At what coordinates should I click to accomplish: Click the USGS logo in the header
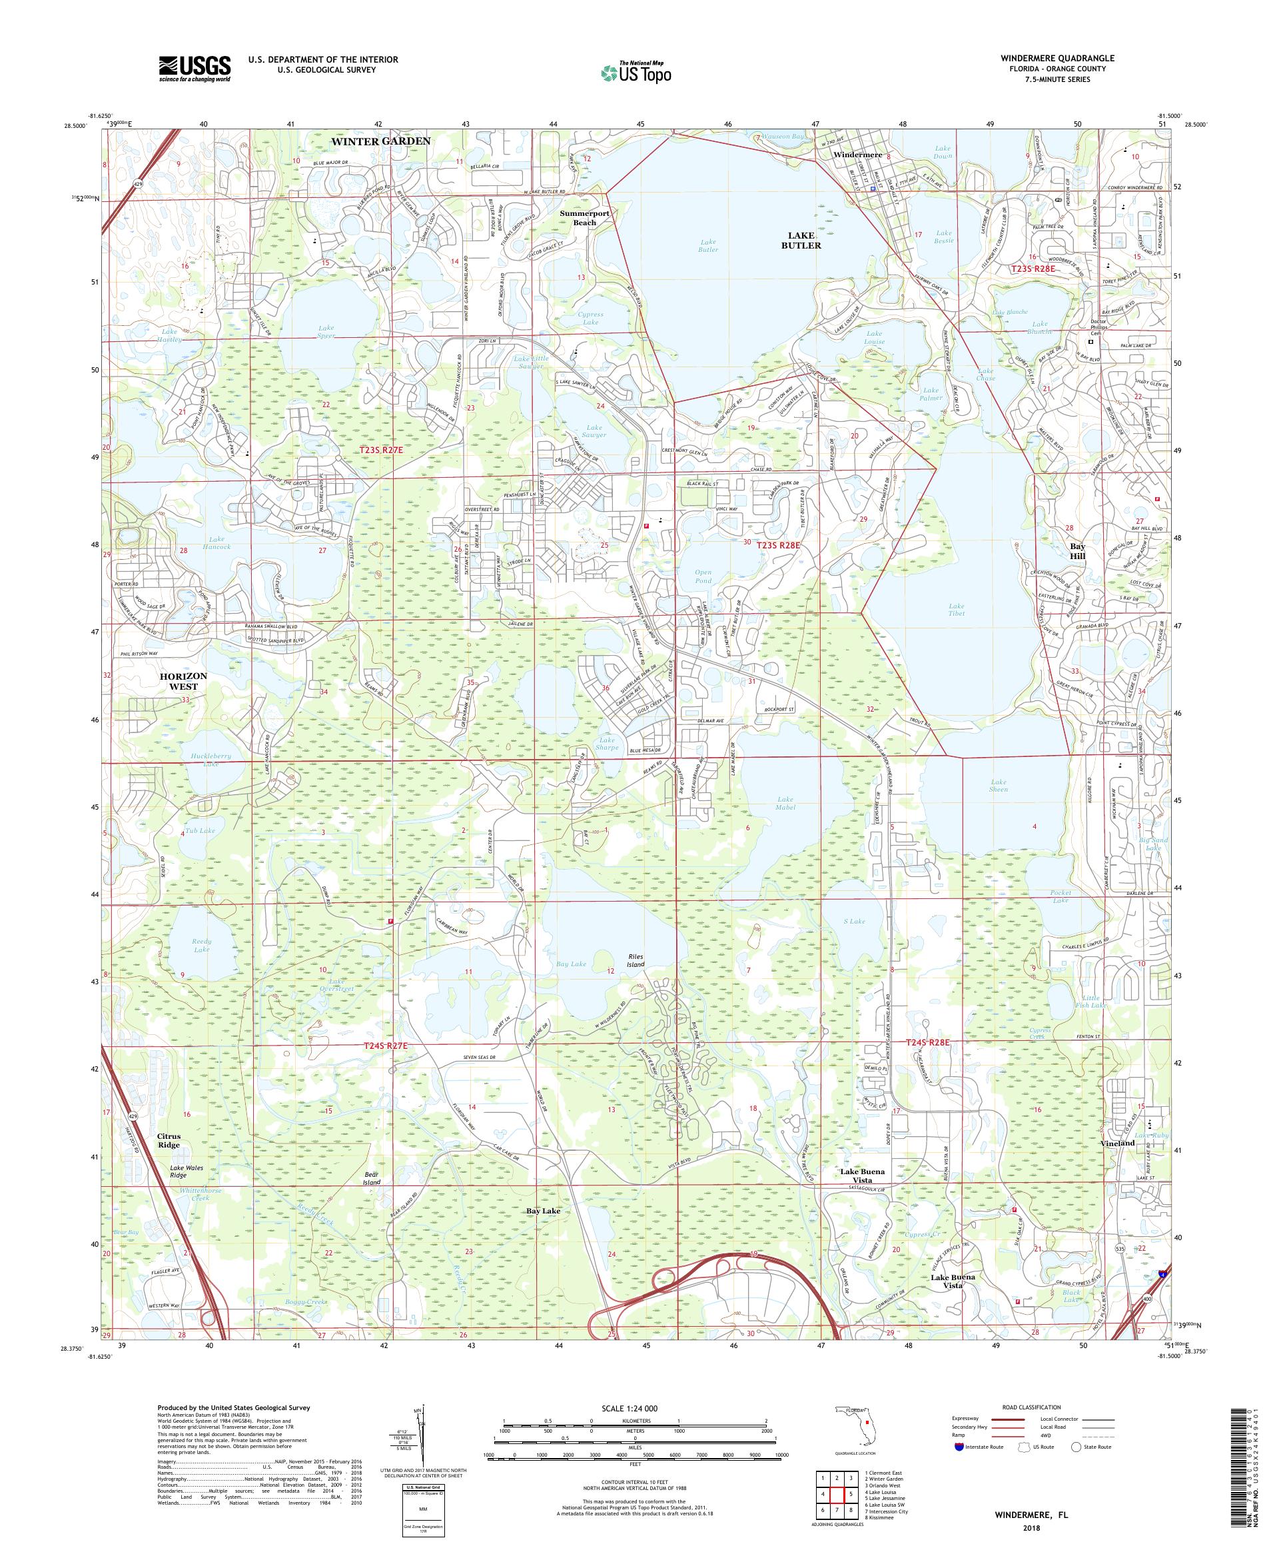click(195, 69)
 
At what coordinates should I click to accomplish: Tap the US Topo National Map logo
click(637, 72)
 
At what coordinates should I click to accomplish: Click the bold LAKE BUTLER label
click(800, 240)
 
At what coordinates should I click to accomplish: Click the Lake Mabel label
click(785, 802)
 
